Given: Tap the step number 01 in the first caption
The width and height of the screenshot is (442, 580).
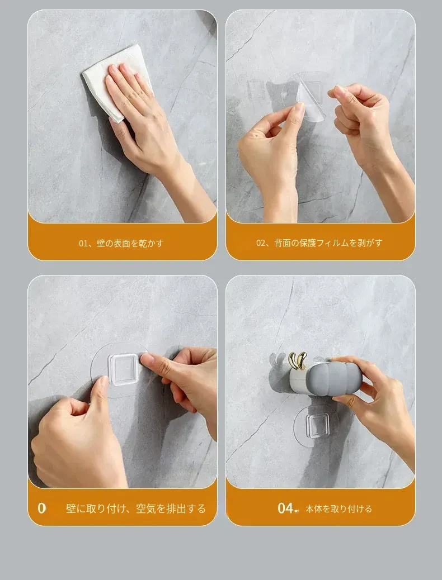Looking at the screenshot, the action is pos(83,244).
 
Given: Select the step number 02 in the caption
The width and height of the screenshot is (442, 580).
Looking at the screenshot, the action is pos(261,243).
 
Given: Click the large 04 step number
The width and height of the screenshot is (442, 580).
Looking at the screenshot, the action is pos(285,508).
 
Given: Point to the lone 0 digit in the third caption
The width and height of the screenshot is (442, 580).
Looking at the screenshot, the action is pos(42,508).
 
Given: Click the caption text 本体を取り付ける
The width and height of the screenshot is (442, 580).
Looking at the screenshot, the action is pos(338,509).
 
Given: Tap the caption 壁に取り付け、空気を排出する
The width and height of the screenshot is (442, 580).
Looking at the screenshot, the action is pos(135,508).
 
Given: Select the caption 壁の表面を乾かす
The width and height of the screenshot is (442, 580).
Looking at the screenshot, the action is pos(130,244).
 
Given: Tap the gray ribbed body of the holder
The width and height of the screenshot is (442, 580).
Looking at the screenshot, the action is pos(335,377).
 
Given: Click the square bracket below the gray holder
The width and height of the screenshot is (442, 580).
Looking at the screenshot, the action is pos(317,426).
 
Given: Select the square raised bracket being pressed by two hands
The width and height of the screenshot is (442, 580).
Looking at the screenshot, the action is pos(123,369).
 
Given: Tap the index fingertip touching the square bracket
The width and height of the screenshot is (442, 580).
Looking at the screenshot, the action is pos(147,359).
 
